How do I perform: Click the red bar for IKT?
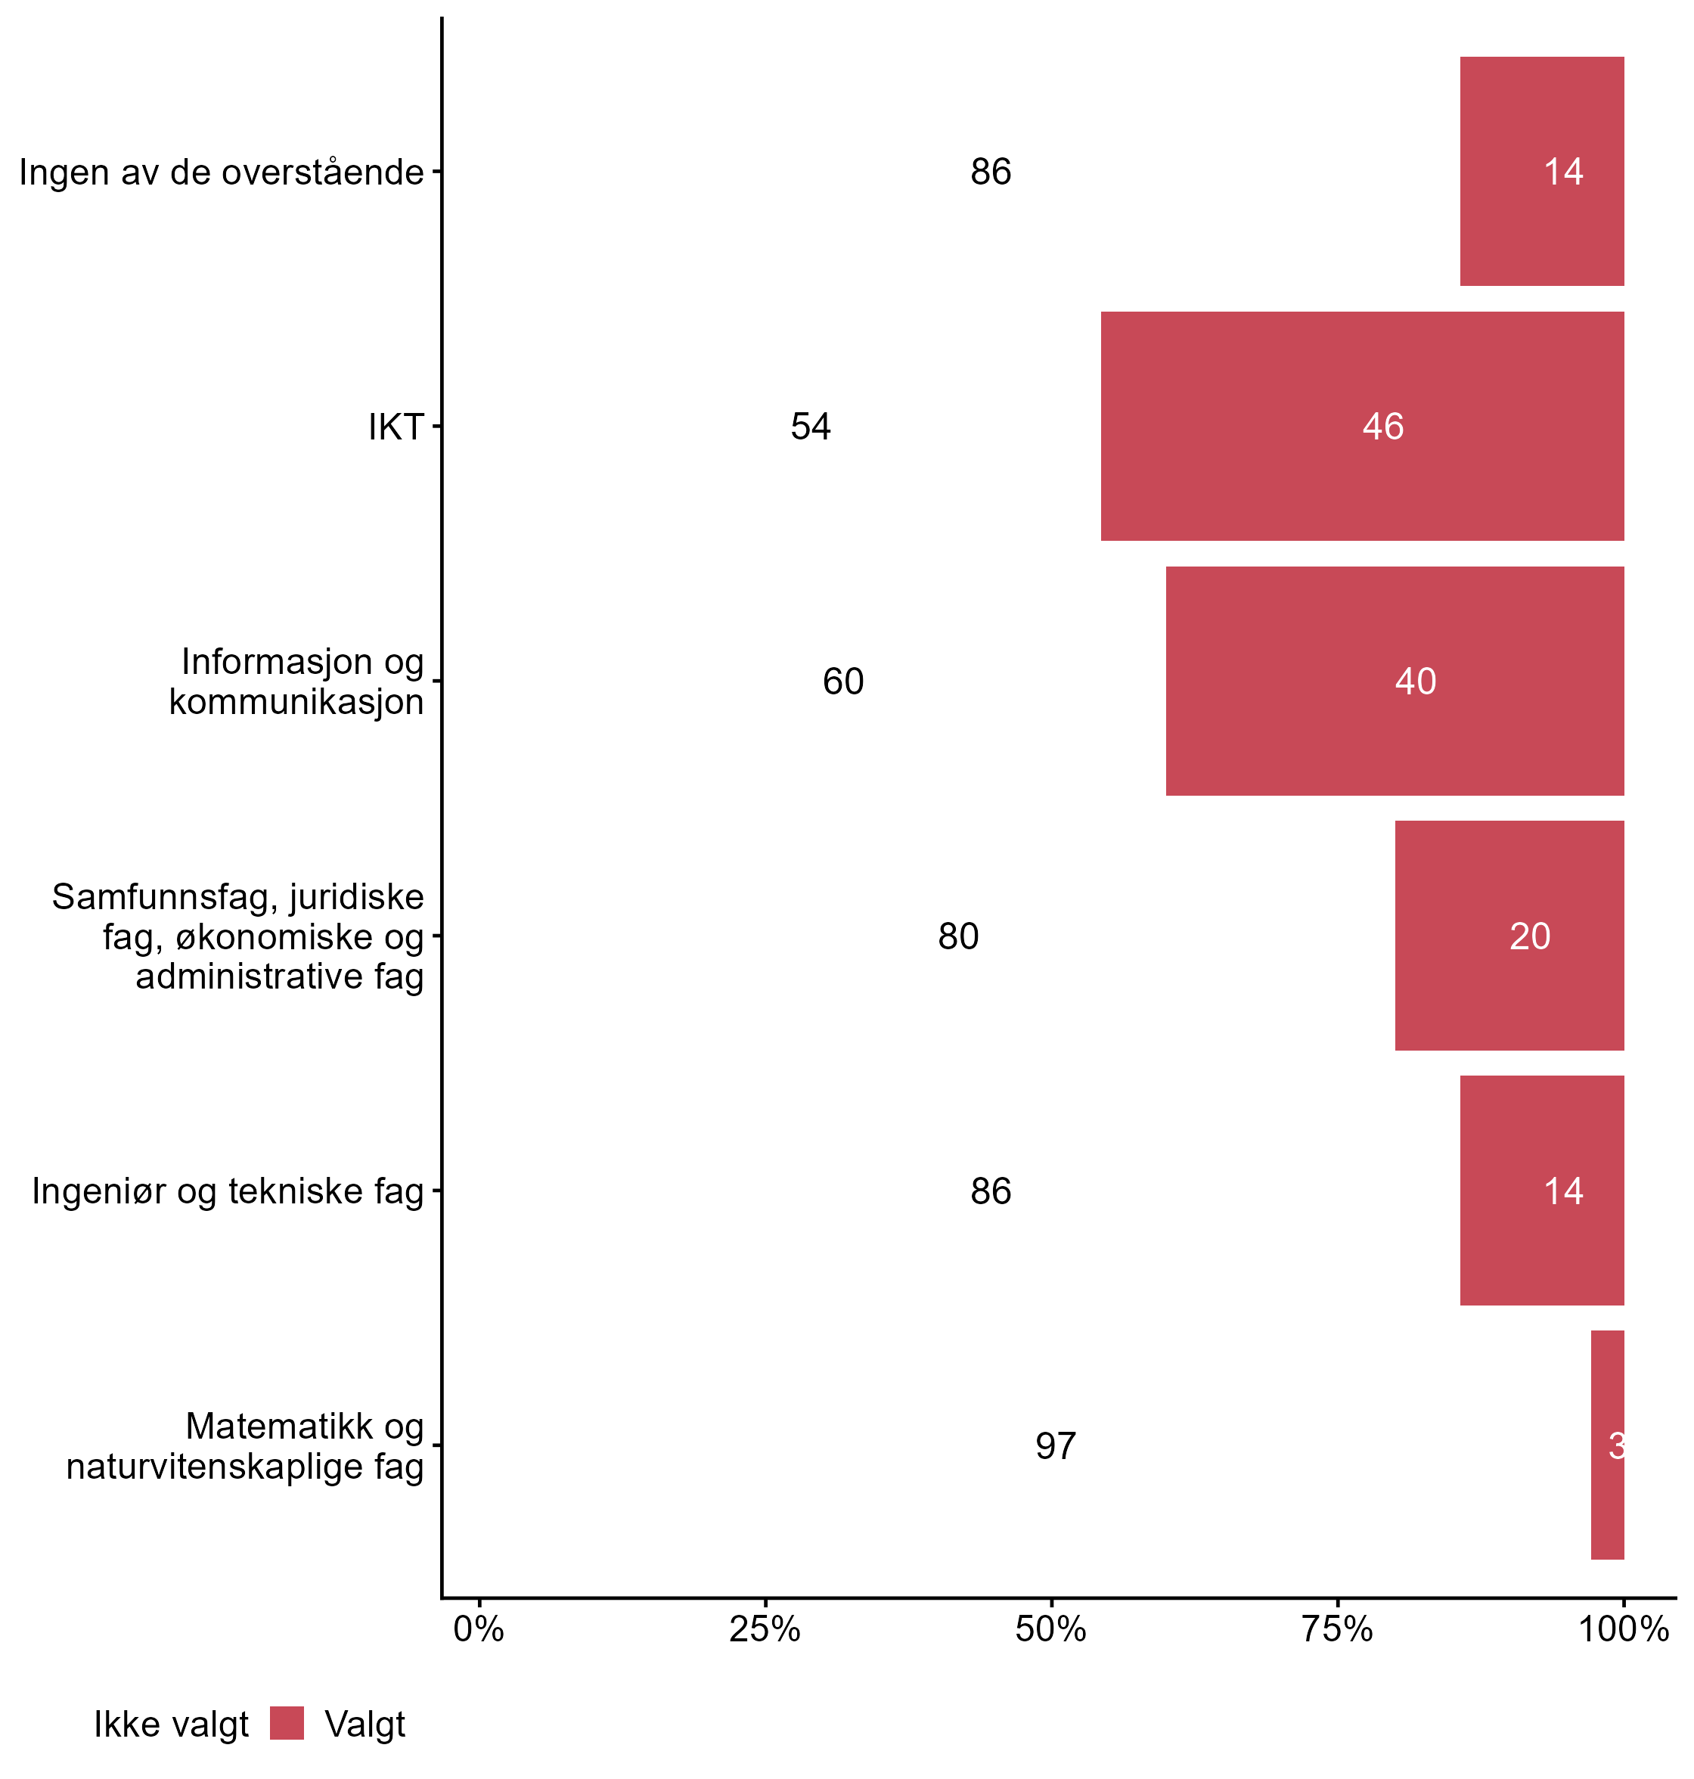point(1362,427)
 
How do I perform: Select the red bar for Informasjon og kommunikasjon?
point(1395,681)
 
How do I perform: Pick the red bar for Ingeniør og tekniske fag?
point(1541,1191)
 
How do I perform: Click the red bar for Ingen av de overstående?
point(1541,172)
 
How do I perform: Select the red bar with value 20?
point(1509,936)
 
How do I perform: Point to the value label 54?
point(810,427)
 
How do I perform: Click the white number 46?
point(1382,427)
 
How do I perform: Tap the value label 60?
point(842,681)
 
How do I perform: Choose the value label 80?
point(957,936)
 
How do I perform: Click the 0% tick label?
point(479,1629)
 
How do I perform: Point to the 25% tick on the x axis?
point(765,1629)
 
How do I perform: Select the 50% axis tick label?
point(1050,1629)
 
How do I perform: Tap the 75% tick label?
point(1336,1629)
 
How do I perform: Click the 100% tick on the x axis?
point(1623,1629)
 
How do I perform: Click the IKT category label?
point(396,427)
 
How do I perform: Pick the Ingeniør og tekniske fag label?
point(228,1191)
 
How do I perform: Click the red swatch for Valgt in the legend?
point(287,1723)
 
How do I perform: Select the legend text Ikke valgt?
point(172,1725)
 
